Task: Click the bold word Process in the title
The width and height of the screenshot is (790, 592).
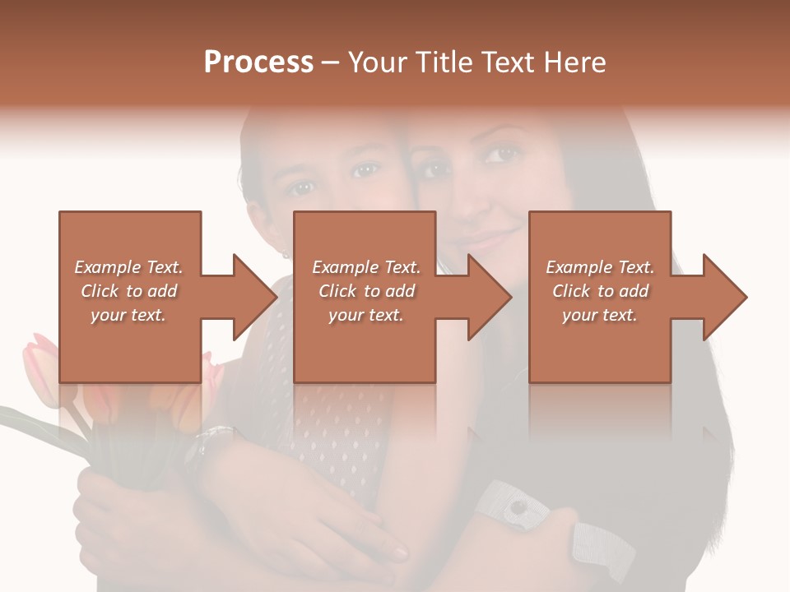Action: click(258, 62)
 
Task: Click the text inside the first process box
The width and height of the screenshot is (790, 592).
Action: click(129, 291)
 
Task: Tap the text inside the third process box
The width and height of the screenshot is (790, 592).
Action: click(600, 291)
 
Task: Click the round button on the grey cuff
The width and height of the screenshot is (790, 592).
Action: click(518, 508)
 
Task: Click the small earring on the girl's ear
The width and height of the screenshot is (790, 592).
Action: click(285, 254)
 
